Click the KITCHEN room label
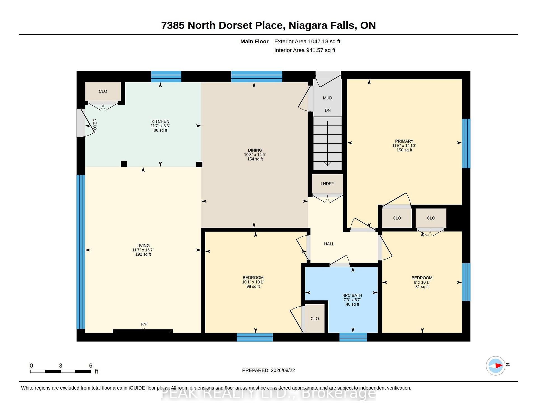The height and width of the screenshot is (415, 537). click(x=160, y=121)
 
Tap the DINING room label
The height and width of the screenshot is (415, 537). click(x=255, y=150)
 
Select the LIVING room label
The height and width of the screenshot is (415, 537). click(x=143, y=246)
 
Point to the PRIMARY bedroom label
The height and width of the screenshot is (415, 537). click(x=404, y=141)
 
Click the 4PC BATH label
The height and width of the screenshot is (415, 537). click(x=352, y=295)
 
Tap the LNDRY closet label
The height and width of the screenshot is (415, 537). click(x=328, y=184)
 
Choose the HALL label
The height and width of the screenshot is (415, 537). click(x=329, y=244)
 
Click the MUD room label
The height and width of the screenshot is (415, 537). click(x=328, y=98)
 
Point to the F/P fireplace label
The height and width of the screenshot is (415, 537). click(x=144, y=324)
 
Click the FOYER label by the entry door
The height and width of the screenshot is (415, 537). click(x=95, y=126)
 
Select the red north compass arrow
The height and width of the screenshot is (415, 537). click(x=499, y=366)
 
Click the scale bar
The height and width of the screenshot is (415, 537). click(x=60, y=371)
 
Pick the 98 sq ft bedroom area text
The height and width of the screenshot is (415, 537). click(x=253, y=286)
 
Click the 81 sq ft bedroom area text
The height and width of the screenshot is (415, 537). click(x=422, y=287)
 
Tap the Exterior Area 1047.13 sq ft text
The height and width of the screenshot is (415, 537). click(x=307, y=41)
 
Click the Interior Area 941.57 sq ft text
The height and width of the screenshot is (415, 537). click(x=305, y=50)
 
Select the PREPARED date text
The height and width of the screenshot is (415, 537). click(x=268, y=370)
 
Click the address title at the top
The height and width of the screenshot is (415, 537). click(x=268, y=25)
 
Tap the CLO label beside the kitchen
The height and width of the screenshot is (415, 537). click(x=103, y=91)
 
